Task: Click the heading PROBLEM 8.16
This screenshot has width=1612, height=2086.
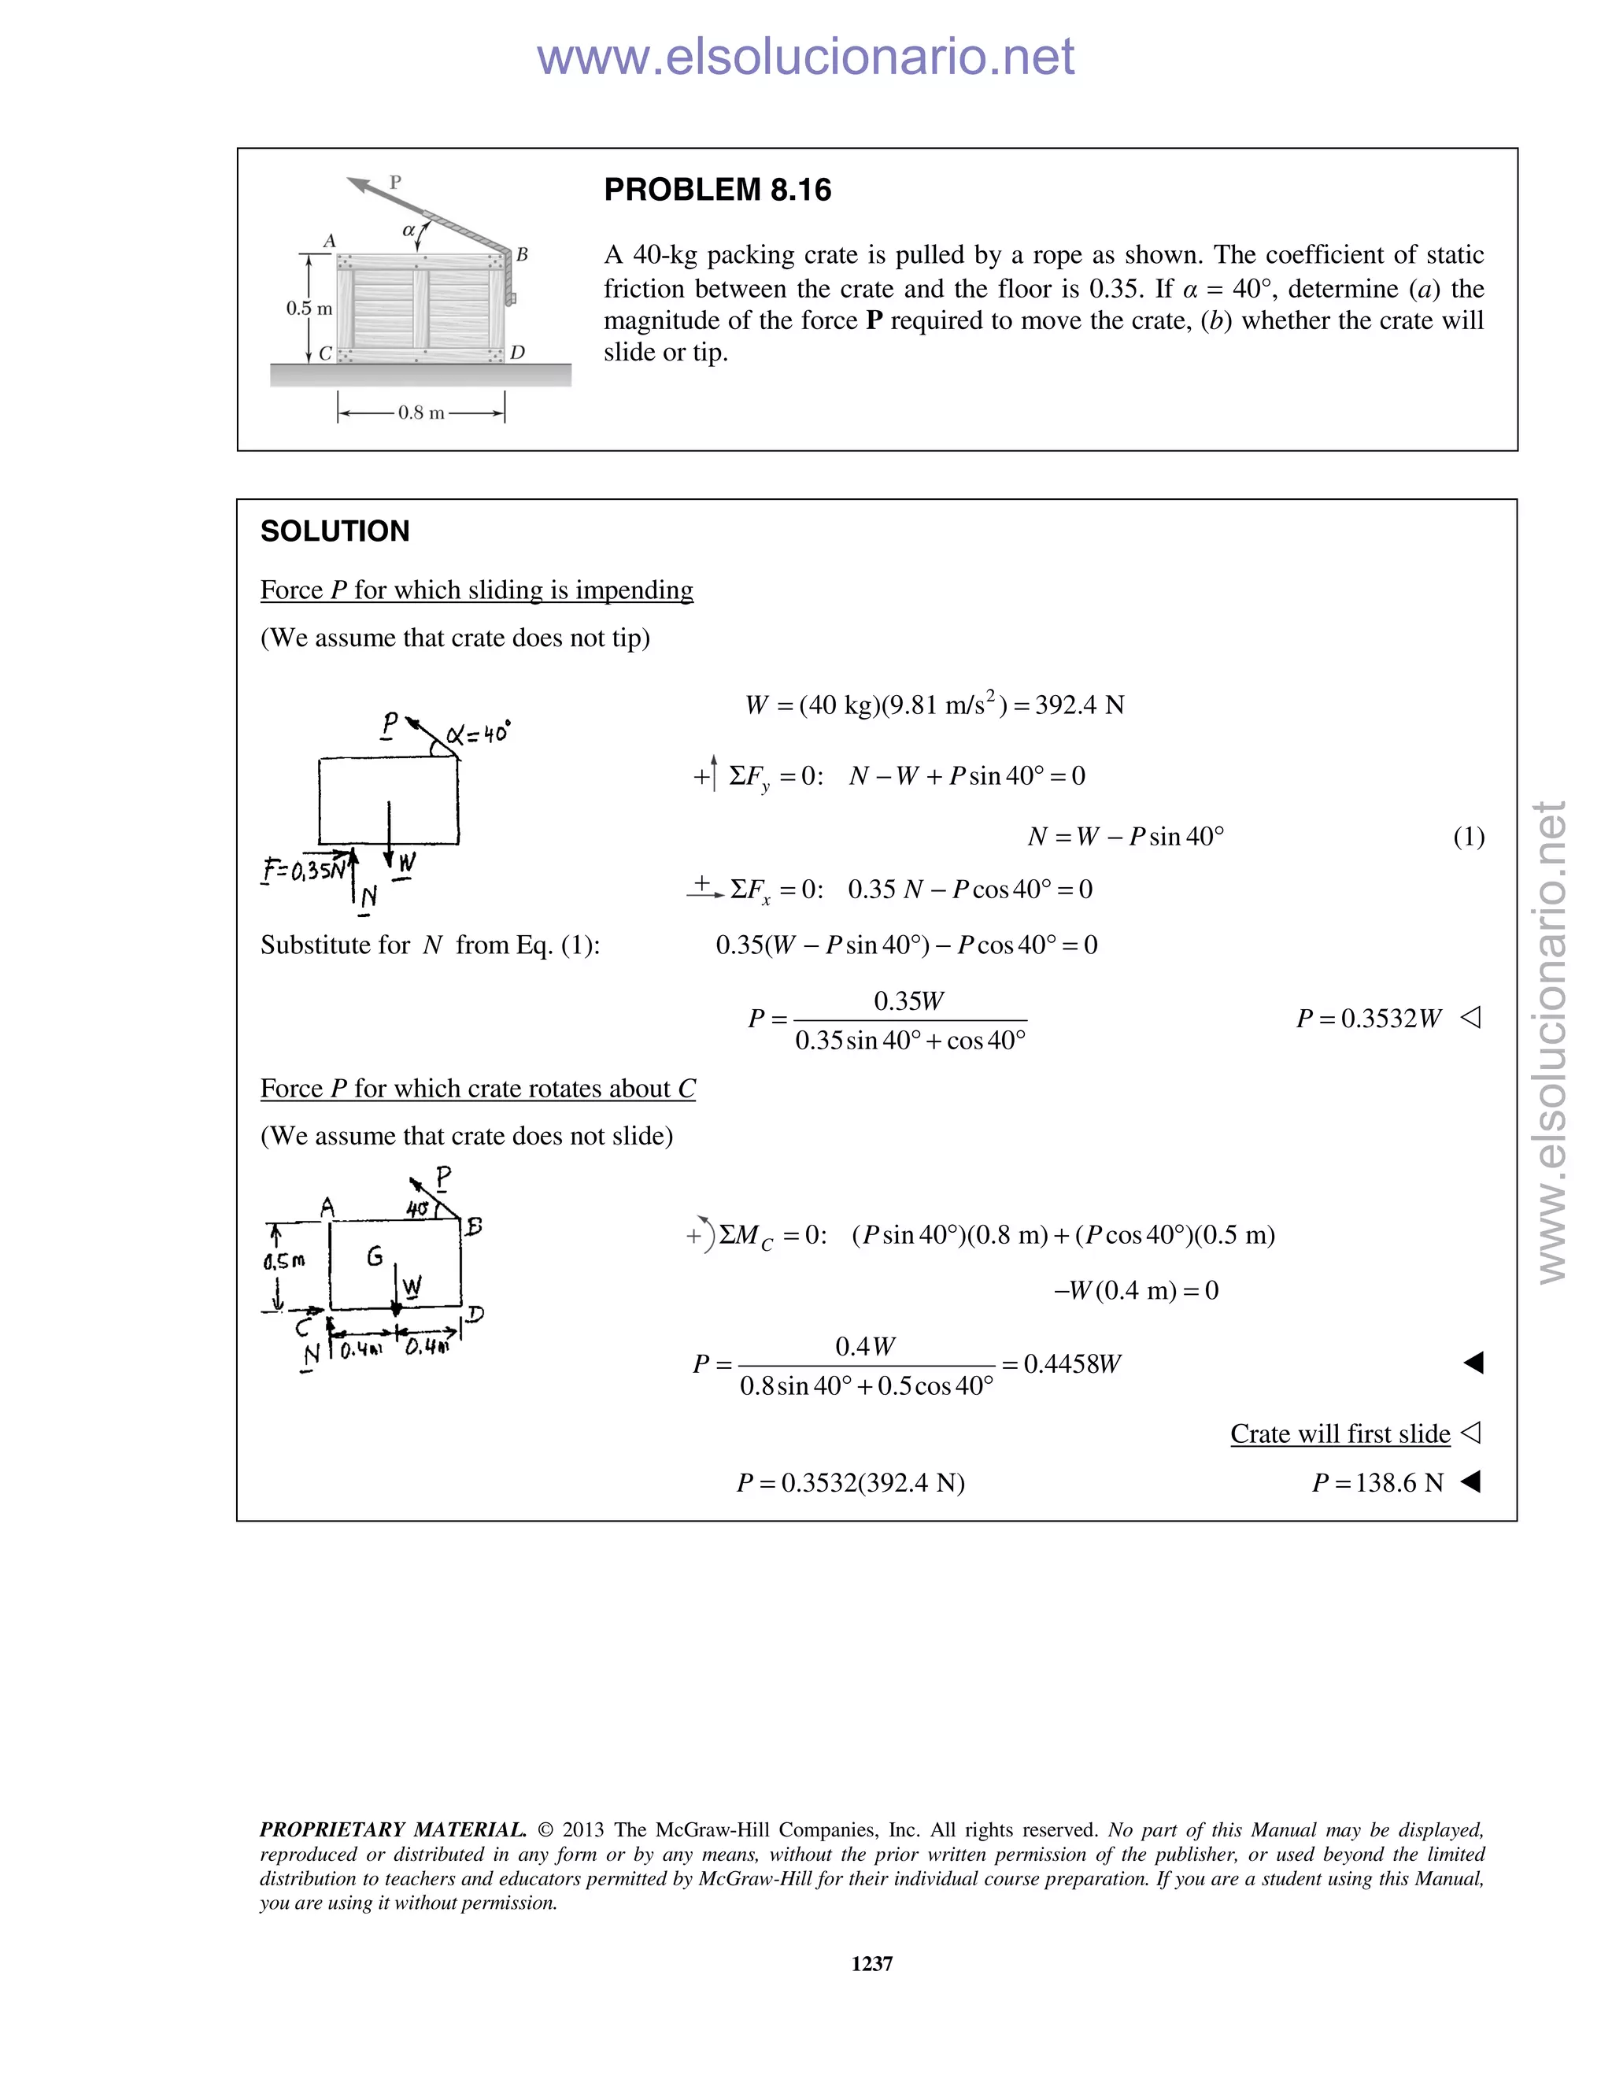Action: (717, 190)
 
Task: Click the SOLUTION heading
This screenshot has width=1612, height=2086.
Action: (335, 531)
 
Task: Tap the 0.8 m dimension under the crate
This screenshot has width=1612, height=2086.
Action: (421, 413)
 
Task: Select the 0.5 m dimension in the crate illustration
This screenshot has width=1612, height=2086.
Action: (309, 309)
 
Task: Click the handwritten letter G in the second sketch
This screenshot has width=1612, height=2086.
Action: (375, 1256)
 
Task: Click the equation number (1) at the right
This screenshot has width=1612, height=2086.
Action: (1468, 838)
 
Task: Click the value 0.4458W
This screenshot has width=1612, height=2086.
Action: (1071, 1364)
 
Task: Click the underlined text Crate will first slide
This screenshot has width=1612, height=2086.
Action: (1339, 1433)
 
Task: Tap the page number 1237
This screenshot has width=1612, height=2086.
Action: (871, 1964)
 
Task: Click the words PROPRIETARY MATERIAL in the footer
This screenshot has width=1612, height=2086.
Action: (393, 1830)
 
